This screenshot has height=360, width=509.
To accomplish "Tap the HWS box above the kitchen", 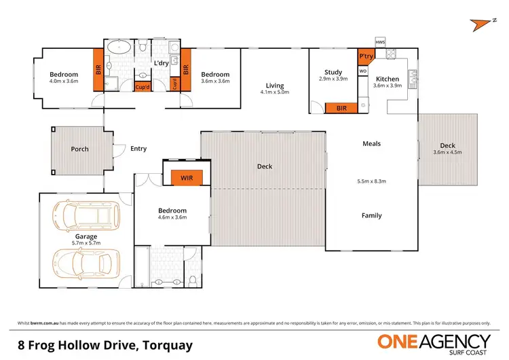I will [x=379, y=42].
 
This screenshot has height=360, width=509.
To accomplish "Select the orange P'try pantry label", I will [x=366, y=56].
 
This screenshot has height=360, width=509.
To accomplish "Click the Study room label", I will [x=333, y=72].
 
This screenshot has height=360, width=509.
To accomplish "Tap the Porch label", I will [x=80, y=149].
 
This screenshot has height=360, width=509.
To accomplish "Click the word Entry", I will [x=138, y=149].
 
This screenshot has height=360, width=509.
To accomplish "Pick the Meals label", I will [x=371, y=143].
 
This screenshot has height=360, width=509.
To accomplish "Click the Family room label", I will [x=371, y=215].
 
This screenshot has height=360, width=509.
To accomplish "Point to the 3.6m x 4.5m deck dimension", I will [x=447, y=152].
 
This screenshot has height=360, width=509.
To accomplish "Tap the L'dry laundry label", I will [x=161, y=63].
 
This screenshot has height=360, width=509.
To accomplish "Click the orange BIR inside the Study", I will [x=342, y=108].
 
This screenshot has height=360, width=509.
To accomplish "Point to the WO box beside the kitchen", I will [x=362, y=70].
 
